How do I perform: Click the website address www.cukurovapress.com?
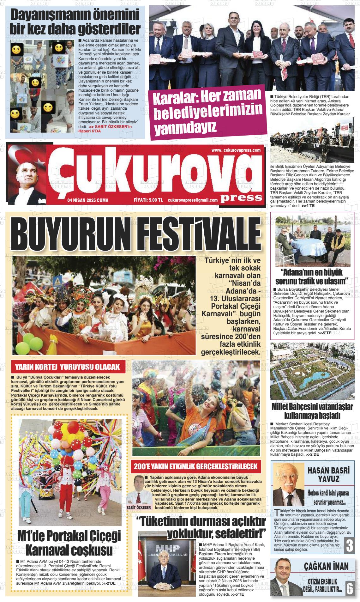point(236,150)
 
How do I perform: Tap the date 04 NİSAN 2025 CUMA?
point(88,200)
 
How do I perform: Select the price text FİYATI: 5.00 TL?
point(148,200)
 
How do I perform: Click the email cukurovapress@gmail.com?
point(193,200)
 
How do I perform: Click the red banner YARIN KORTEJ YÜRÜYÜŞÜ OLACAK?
point(68,367)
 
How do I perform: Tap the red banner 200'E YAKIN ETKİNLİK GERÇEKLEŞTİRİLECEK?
point(195,466)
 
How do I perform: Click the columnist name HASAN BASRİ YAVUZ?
point(328,475)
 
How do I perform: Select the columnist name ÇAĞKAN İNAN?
point(326,566)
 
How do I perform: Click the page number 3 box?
point(349,546)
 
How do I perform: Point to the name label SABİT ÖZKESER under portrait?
point(139,508)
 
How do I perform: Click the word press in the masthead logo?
point(241,198)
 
